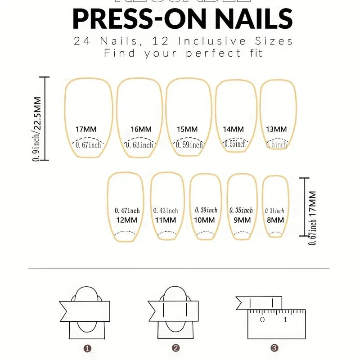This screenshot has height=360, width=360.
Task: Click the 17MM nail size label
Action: coord(86,129)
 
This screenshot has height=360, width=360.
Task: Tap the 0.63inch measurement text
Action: coord(139,145)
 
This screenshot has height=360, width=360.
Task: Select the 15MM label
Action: coord(187,129)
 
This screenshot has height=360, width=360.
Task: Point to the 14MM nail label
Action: coord(233,129)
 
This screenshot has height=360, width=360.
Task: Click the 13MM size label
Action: coord(276,129)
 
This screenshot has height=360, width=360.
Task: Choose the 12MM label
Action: coord(126,220)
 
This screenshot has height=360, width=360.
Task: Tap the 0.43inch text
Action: coord(166,211)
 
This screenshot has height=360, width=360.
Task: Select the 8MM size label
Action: coord(274,220)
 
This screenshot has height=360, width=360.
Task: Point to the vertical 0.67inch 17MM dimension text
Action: coord(312,218)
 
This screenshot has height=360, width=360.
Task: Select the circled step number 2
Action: coord(176,348)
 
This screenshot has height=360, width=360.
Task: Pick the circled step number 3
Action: coord(274,348)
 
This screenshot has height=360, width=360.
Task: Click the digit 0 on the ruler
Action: coord(262,320)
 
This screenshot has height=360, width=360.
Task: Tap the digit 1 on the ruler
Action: coord(285,320)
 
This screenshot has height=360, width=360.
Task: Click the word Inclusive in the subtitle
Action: coord(211,41)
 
